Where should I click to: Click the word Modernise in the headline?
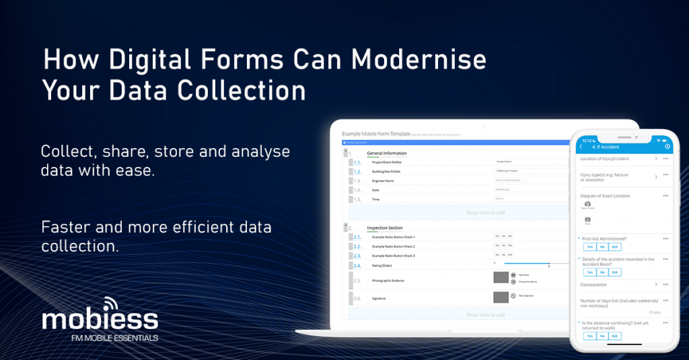point(419,61)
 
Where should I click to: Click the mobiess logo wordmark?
point(100,319)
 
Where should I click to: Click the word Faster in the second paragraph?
point(69,227)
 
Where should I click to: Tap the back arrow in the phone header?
point(581,147)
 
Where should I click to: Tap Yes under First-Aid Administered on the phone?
point(589,247)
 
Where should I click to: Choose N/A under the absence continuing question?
point(615,336)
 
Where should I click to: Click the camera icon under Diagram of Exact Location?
point(587,203)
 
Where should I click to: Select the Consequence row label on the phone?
point(593,285)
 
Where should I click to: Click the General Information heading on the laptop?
point(386,153)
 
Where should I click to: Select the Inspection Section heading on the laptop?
point(384,228)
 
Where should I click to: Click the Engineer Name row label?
point(384,181)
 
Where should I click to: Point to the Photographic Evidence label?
point(390,280)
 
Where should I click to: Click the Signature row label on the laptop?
point(379,298)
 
